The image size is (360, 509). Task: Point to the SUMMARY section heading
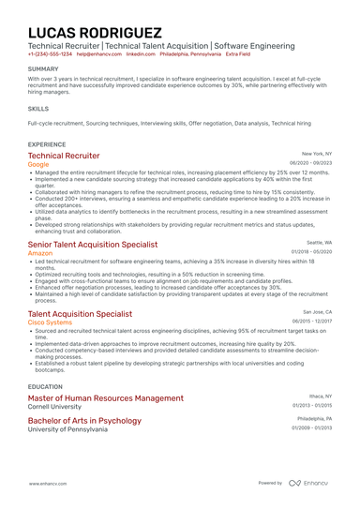click(x=43, y=69)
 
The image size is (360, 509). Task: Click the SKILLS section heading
click(x=38, y=108)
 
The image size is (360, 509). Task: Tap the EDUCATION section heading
click(x=45, y=385)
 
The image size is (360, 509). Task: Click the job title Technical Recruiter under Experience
click(x=64, y=156)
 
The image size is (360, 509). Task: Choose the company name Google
click(x=39, y=164)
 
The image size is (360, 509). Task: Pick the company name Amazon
click(x=40, y=253)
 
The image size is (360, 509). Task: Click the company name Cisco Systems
click(x=50, y=322)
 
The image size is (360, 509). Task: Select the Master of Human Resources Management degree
click(x=106, y=397)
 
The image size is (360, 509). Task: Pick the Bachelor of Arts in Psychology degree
click(x=84, y=421)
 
